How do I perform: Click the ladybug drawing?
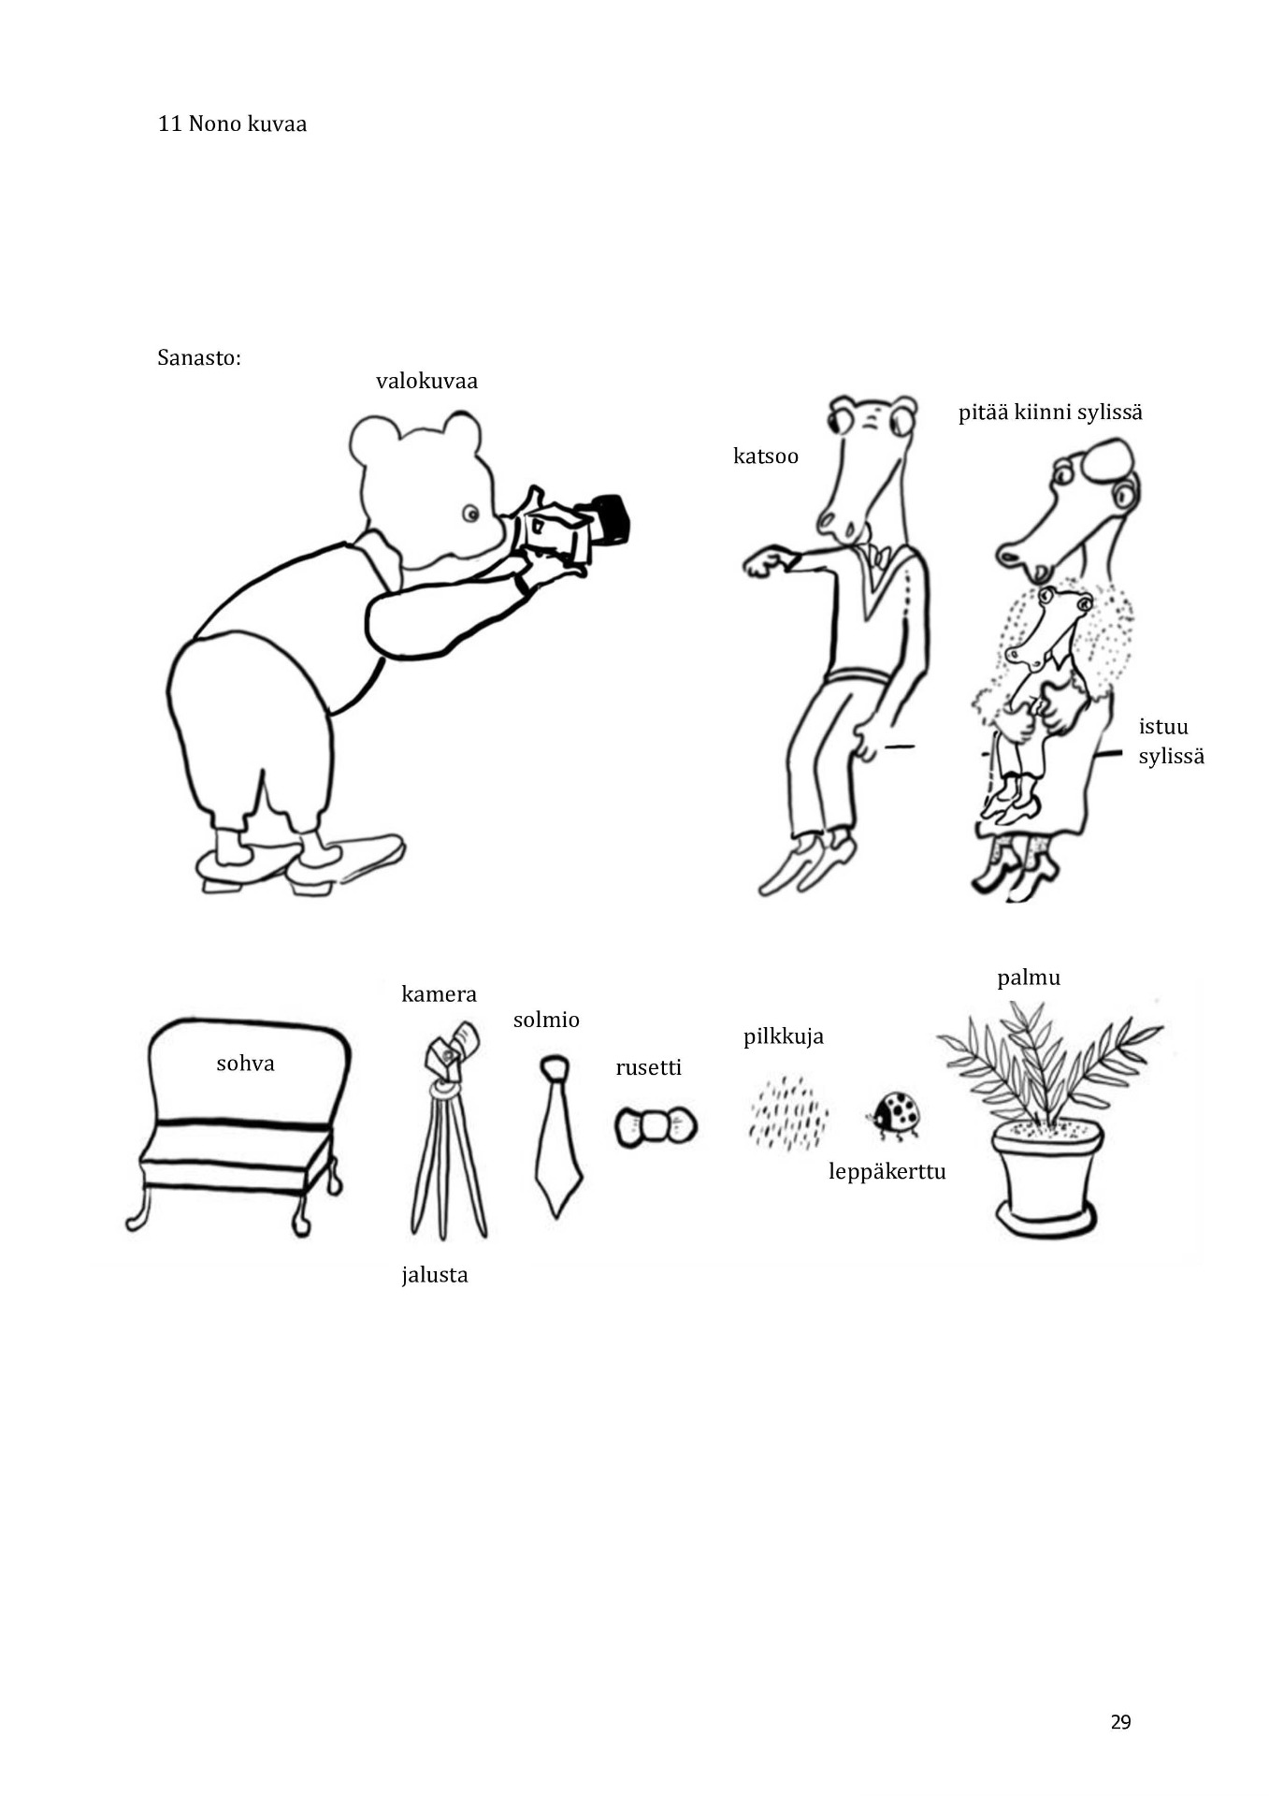[x=896, y=1116]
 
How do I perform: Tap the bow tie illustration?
[x=656, y=1126]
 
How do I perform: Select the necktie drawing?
[x=557, y=1136]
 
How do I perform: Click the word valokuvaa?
[x=426, y=381]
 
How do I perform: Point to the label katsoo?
[x=766, y=456]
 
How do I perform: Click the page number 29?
[x=1120, y=1722]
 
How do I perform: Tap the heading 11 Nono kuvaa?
[x=232, y=123]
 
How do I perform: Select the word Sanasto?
[x=199, y=357]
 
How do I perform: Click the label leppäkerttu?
[x=887, y=1172]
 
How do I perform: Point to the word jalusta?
[x=435, y=1275]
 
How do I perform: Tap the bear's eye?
[x=470, y=514]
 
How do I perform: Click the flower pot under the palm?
[x=1047, y=1179]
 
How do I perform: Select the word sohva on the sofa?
[x=245, y=1064]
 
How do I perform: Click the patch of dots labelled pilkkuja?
[x=788, y=1114]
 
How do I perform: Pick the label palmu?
[x=1029, y=978]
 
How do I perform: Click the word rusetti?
[x=649, y=1067]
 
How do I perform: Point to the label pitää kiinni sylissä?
[x=1050, y=413]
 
